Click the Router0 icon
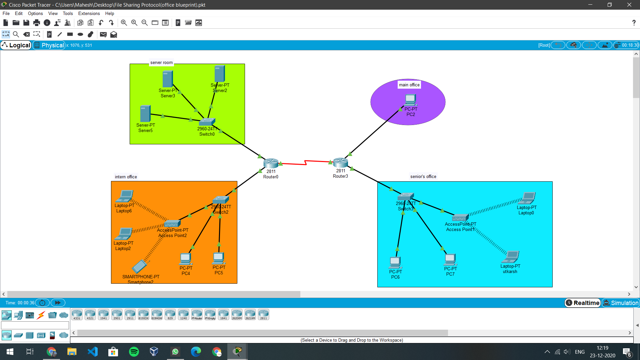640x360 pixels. (x=271, y=163)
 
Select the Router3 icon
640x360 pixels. (x=340, y=162)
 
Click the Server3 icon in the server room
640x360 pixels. (x=167, y=79)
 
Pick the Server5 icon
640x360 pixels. (x=145, y=113)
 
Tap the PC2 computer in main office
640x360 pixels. (x=410, y=100)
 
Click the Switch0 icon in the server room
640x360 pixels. (x=207, y=122)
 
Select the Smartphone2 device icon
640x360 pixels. (x=139, y=266)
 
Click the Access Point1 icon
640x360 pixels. (x=460, y=218)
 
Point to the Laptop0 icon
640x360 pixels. (x=528, y=198)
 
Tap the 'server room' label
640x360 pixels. (x=161, y=63)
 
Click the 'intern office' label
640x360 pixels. (x=126, y=177)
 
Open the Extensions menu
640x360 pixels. (x=89, y=14)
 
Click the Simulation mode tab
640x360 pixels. (x=621, y=303)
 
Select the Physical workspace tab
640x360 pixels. (x=49, y=45)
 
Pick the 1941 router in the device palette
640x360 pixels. (x=103, y=314)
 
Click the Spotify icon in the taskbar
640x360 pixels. (x=134, y=352)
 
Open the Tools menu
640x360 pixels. (x=68, y=14)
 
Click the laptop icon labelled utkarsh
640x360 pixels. (x=511, y=257)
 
